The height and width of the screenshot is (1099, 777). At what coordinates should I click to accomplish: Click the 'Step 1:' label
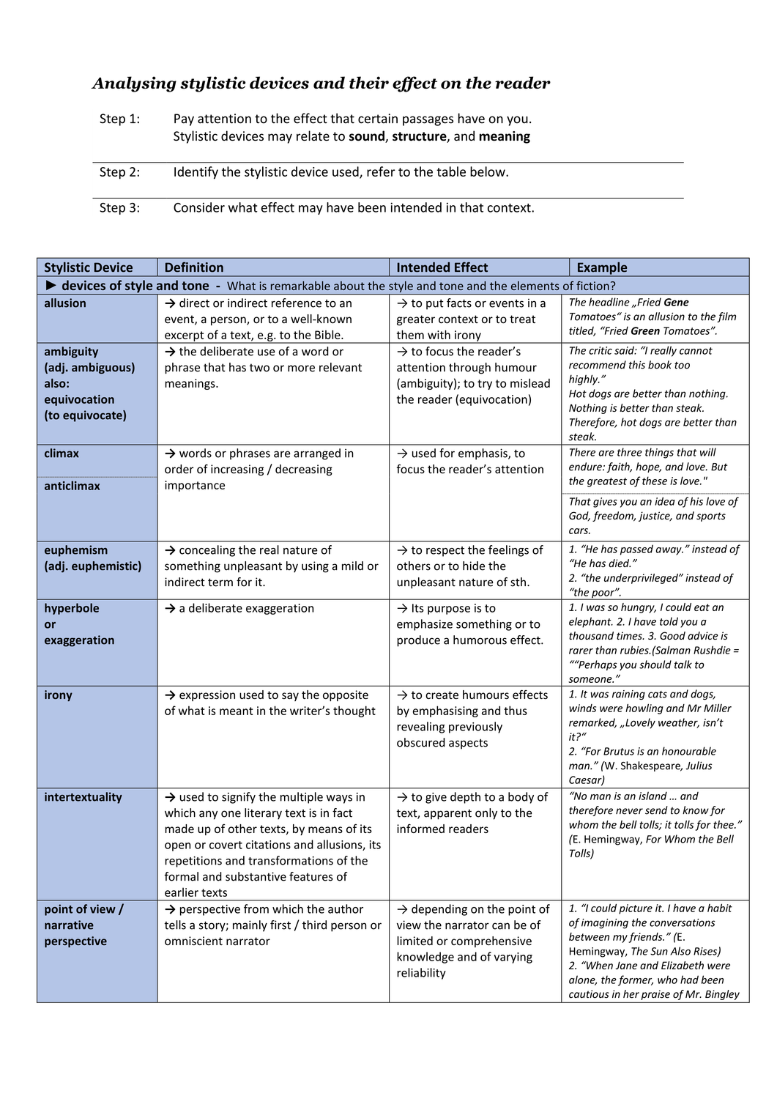tap(119, 119)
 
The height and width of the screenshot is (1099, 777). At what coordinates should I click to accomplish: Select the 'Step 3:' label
tap(119, 208)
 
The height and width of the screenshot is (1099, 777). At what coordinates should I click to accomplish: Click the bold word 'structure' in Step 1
tap(419, 136)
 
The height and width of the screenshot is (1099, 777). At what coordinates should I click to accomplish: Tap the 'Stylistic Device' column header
tap(89, 267)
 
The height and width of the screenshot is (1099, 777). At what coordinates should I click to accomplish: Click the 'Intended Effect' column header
tap(442, 267)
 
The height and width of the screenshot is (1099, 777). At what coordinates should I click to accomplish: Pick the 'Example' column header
tap(602, 267)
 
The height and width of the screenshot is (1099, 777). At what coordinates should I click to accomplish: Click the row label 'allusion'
tap(65, 303)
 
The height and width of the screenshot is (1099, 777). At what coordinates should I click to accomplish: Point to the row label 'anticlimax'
tap(72, 486)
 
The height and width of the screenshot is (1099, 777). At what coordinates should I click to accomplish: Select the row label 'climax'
tap(62, 454)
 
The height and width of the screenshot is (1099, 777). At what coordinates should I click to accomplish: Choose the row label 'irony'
tap(58, 695)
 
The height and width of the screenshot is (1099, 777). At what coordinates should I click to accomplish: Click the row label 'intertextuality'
tap(83, 797)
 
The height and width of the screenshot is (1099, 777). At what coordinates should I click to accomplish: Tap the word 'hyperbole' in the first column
tap(71, 608)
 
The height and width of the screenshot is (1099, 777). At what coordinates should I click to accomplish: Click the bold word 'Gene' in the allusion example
tap(676, 303)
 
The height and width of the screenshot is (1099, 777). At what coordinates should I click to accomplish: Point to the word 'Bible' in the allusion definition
tap(326, 336)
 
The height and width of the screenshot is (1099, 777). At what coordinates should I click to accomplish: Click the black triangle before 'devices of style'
tap(51, 285)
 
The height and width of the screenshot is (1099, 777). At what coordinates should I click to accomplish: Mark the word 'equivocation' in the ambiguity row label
tap(79, 399)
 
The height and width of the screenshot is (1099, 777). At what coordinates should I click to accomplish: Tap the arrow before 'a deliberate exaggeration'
tap(170, 608)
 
